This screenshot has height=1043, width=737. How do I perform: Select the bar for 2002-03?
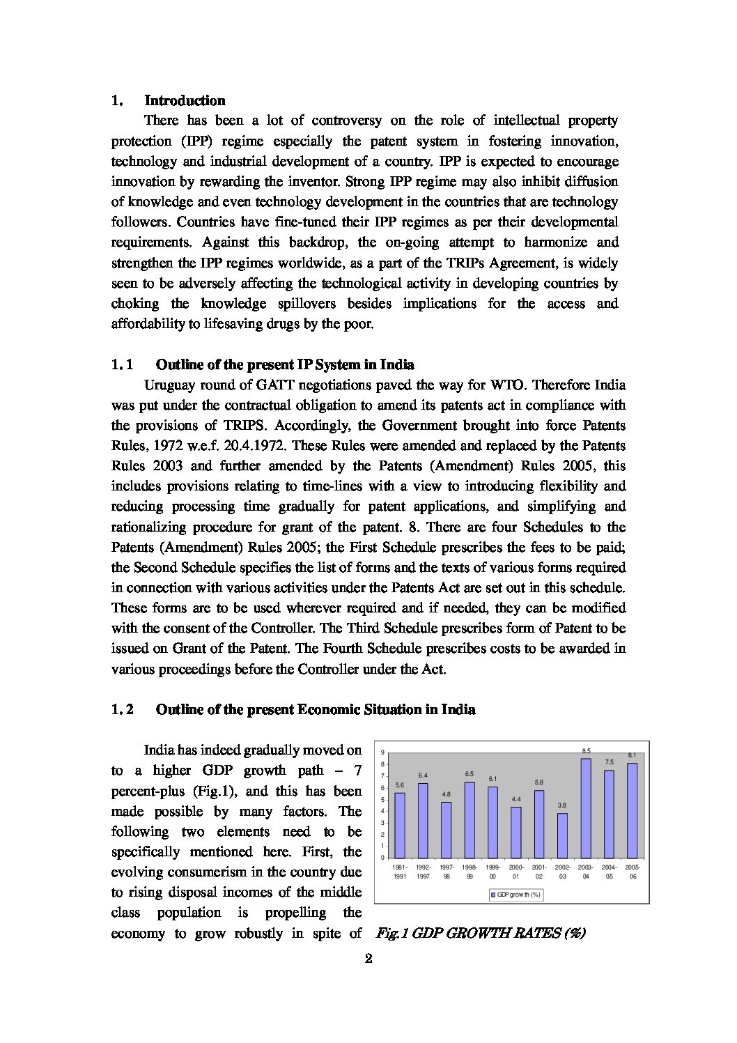pos(562,835)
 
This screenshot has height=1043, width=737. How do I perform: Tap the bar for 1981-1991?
pos(399,825)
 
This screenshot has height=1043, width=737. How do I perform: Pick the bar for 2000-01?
pos(515,832)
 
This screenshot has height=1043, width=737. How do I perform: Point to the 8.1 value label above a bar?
pos(632,755)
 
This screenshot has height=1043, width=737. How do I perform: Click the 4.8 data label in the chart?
pos(446,794)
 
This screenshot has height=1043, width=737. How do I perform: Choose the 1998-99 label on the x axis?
pos(470,871)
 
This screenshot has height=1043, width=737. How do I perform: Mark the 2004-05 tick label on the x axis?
pos(609,871)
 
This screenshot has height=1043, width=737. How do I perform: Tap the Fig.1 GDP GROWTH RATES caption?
pos(480,933)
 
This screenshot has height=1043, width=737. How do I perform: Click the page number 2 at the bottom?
pos(369,958)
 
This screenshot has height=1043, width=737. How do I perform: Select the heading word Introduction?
pos(185,100)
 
